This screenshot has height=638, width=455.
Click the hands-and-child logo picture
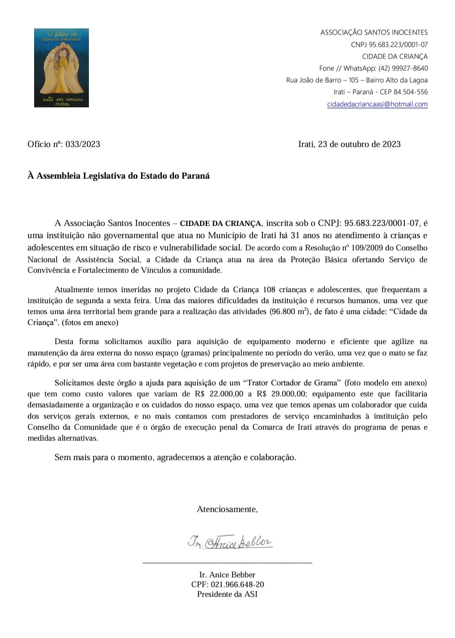coord(62,68)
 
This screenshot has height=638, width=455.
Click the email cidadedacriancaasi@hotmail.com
coord(377,104)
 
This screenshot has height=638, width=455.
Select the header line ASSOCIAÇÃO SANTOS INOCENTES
coord(374,32)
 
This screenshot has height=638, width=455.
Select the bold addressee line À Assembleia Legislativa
coord(118,176)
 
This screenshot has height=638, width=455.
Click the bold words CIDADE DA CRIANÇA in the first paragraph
coord(221,224)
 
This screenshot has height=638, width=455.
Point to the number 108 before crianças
coord(269,290)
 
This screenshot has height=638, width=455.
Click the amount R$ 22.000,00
coord(218,394)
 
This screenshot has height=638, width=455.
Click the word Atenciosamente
coord(227,509)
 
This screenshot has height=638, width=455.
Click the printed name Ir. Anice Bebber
coord(227,575)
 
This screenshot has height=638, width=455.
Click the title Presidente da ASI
coord(227,595)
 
